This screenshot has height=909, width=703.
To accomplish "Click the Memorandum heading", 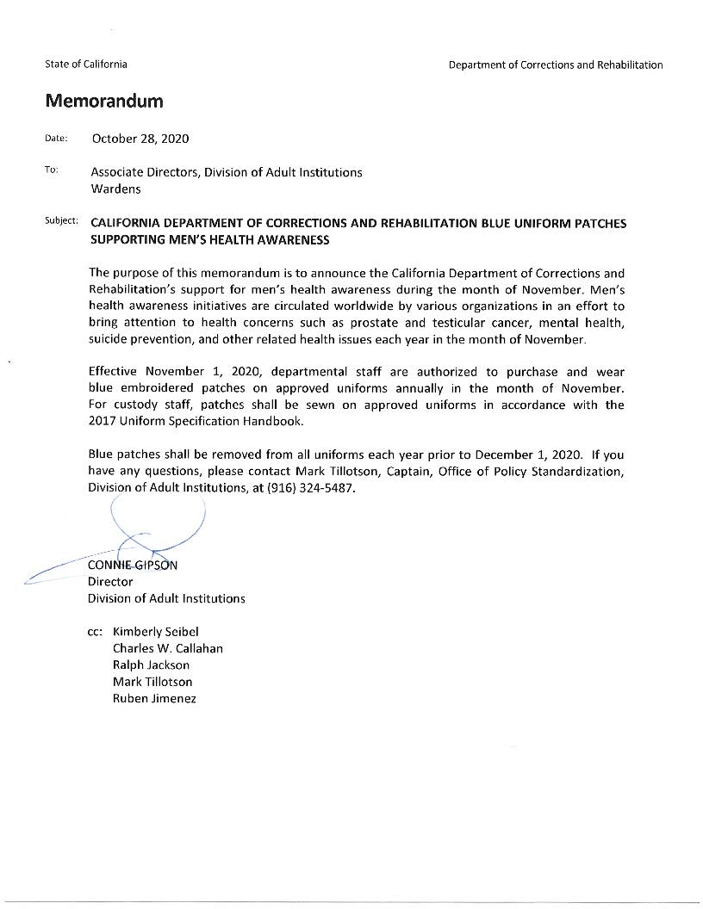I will (104, 102).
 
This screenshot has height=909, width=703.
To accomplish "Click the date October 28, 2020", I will (140, 139).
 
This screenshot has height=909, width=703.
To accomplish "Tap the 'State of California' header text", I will (86, 65).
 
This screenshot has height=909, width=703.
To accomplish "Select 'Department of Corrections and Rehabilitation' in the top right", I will (556, 65).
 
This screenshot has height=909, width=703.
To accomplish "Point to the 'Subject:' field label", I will (61, 221).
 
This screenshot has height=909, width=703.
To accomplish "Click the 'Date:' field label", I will (56, 139).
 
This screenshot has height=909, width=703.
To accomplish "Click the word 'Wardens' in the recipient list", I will (115, 189).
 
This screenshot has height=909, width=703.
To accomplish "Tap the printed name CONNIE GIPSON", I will (133, 566).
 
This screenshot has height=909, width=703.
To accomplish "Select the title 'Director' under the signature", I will (110, 582).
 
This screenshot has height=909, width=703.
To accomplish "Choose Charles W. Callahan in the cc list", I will (168, 648).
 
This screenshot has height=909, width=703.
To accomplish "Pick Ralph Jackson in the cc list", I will (151, 665).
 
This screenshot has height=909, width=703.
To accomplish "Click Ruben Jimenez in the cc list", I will (154, 698).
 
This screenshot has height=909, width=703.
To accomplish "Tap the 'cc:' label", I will (96, 632).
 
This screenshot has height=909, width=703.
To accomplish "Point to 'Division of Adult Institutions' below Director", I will (166, 598).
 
